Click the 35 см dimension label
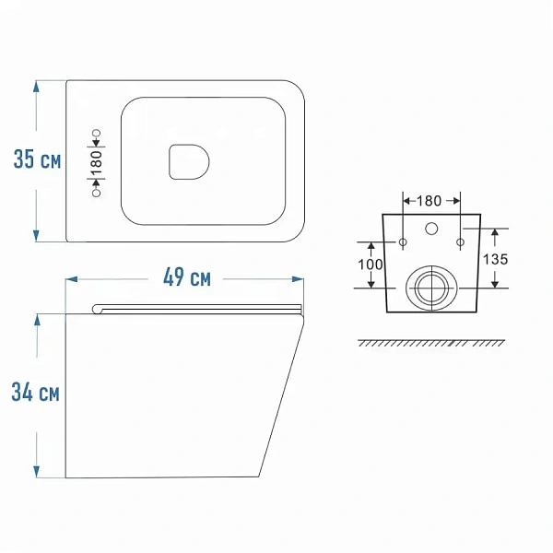tap(38, 159)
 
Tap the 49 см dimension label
tap(187, 277)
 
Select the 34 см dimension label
tap(35, 392)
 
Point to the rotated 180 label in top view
tap(96, 163)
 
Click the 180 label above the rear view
tap(429, 201)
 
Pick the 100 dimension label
tap(370, 265)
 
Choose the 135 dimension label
tap(495, 260)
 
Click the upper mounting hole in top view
tap(96, 134)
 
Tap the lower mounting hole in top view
tap(96, 193)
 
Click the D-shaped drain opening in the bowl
tap(189, 162)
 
